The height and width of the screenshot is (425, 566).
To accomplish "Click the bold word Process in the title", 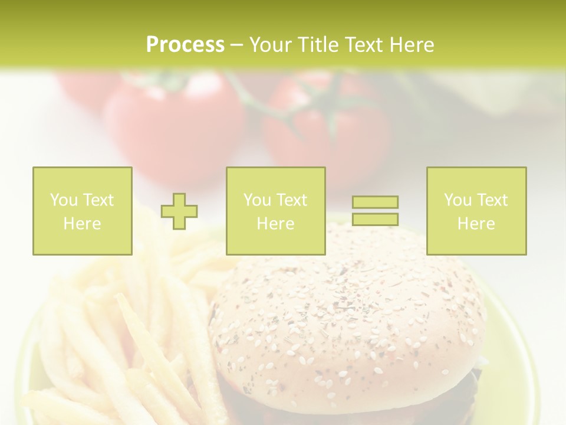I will pos(185,45).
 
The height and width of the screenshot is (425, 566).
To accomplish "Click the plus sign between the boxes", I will pos(179,211).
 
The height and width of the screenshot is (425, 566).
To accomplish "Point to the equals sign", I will pos(375,211).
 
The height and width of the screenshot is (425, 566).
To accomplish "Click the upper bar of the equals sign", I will pos(375,202).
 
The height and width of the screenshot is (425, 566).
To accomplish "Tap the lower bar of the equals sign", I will pos(375,220).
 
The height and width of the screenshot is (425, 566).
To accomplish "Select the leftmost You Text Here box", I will pos(83,211).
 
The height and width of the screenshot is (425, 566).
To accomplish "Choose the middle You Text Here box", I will pos(275,211).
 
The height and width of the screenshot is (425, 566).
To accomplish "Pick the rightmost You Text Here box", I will pos(476,211).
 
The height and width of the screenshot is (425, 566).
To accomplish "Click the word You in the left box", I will pos(63,200).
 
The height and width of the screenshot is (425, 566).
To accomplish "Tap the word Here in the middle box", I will pos(275,223).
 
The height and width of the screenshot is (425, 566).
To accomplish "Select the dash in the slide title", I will pos(236,45).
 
